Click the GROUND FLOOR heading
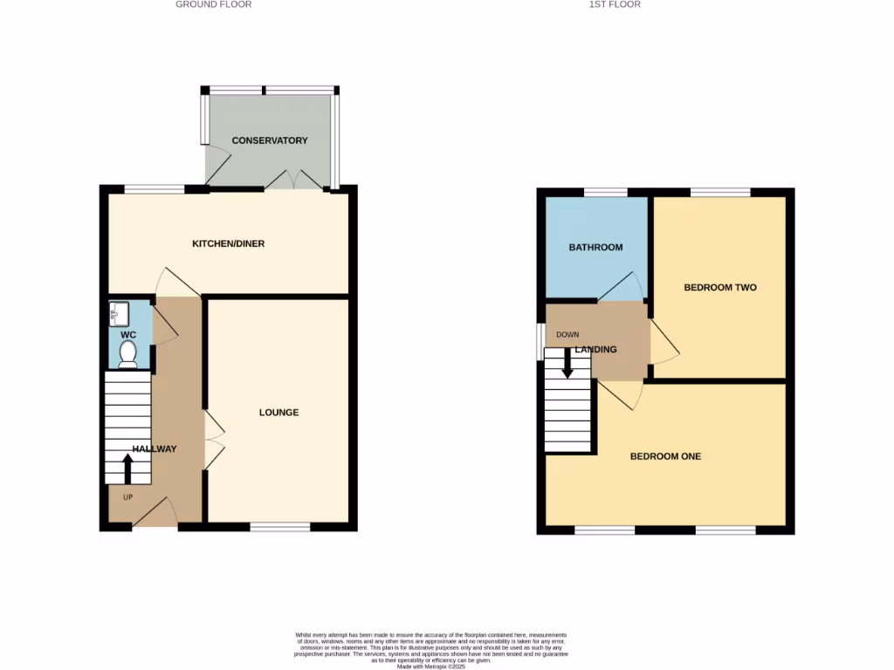click(x=214, y=4)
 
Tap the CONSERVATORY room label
click(x=269, y=140)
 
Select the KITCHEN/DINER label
click(x=228, y=243)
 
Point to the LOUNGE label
click(x=279, y=412)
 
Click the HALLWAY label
click(x=155, y=449)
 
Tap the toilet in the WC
click(x=128, y=352)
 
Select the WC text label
click(x=128, y=334)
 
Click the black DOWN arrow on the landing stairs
click(x=567, y=364)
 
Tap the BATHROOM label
click(x=595, y=247)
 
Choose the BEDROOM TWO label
click(x=719, y=287)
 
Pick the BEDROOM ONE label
click(x=665, y=456)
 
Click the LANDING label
click(x=596, y=350)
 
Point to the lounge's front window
click(x=279, y=526)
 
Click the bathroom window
click(x=605, y=192)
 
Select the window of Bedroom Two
click(x=720, y=192)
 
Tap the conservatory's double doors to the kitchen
click(x=293, y=181)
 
